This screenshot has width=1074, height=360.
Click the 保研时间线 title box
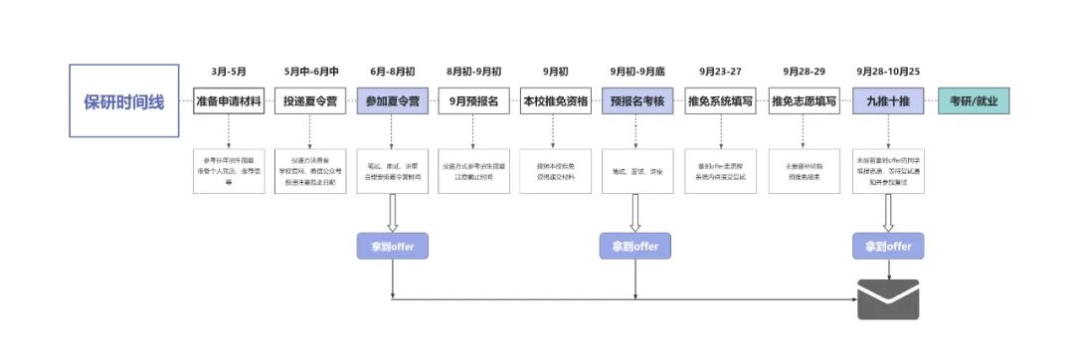124,100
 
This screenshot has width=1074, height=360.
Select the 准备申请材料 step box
229,101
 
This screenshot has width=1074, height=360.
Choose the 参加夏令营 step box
393,101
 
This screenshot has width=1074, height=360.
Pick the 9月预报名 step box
474,101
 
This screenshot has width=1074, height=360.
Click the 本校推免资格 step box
556,101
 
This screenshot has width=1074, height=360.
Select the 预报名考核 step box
636,101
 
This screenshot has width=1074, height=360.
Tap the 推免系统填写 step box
720,101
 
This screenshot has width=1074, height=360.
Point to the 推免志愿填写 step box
804,101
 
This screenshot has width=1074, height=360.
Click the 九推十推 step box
888,101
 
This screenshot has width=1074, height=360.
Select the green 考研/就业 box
974,101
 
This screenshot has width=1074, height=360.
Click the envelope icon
888,298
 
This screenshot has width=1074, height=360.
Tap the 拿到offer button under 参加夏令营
393,246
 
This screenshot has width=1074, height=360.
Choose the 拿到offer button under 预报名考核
635,246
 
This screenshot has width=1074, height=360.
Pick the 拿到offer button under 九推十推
888,246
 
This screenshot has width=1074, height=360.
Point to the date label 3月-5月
229,72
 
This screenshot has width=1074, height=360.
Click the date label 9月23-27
720,72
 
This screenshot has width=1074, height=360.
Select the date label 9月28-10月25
888,72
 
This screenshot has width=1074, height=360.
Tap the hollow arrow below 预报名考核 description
635,212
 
